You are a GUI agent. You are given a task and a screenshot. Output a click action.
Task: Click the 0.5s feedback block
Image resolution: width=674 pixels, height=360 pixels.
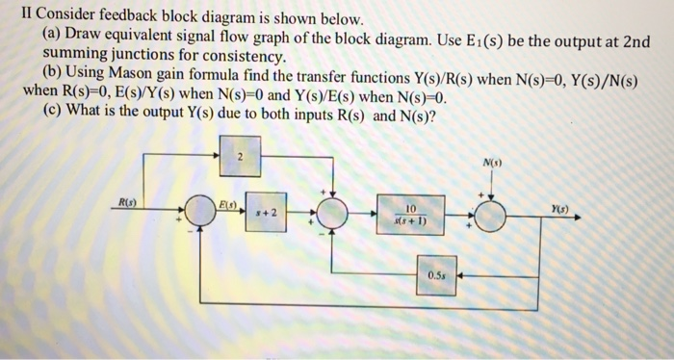pos(436,273)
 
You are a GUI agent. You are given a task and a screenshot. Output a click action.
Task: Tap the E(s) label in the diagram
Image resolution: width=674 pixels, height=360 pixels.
pos(227,204)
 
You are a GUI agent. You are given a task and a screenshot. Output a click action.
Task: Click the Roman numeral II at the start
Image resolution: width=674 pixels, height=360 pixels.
pos(12,18)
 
